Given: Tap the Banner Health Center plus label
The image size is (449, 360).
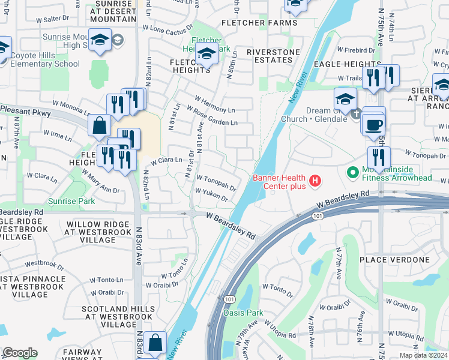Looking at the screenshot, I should (279, 182).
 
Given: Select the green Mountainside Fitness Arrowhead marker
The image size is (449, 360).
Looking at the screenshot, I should (354, 173).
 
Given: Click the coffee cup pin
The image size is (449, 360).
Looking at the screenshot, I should (375, 125).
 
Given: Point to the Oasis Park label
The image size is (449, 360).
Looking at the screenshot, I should (243, 313).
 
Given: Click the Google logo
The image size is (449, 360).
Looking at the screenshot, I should (20, 353).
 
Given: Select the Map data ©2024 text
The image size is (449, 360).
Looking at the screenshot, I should (423, 355).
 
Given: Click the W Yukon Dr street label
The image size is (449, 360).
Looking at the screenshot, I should (212, 194).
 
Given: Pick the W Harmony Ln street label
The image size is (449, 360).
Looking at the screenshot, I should (215, 104).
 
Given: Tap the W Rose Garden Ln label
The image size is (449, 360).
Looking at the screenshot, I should (212, 116).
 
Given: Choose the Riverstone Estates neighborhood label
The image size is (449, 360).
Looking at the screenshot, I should (260, 56).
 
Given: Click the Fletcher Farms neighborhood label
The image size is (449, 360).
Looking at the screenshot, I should (259, 23).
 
